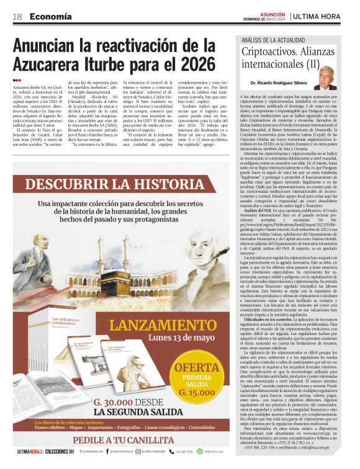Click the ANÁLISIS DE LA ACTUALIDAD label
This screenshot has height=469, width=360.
pos(266,38)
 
